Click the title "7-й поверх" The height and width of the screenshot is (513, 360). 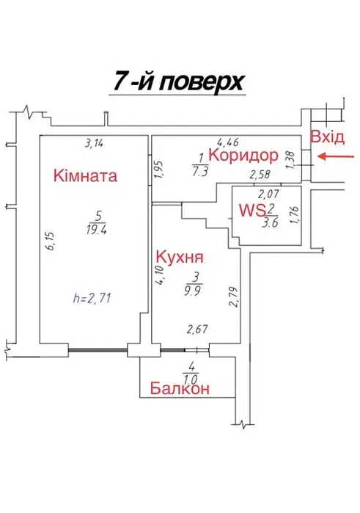(178, 81)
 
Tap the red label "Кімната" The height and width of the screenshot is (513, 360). (85, 175)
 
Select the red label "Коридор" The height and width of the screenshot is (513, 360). (243, 155)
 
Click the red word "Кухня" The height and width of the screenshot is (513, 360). (180, 257)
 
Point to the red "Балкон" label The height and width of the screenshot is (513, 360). (180, 389)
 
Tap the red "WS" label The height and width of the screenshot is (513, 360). (252, 210)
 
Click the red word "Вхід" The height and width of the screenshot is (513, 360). (327, 137)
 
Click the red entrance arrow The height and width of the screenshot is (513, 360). (336, 157)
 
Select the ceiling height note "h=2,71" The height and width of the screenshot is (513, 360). (92, 299)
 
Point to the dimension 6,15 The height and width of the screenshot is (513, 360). (50, 241)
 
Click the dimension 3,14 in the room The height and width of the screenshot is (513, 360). (94, 143)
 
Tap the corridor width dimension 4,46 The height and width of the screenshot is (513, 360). (229, 142)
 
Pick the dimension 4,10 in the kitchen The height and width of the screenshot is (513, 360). (161, 276)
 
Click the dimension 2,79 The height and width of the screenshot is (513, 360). (233, 297)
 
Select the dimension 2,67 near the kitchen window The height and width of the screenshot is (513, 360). (197, 329)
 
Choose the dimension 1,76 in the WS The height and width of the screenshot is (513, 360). (294, 215)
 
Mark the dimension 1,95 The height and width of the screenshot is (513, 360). (159, 170)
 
